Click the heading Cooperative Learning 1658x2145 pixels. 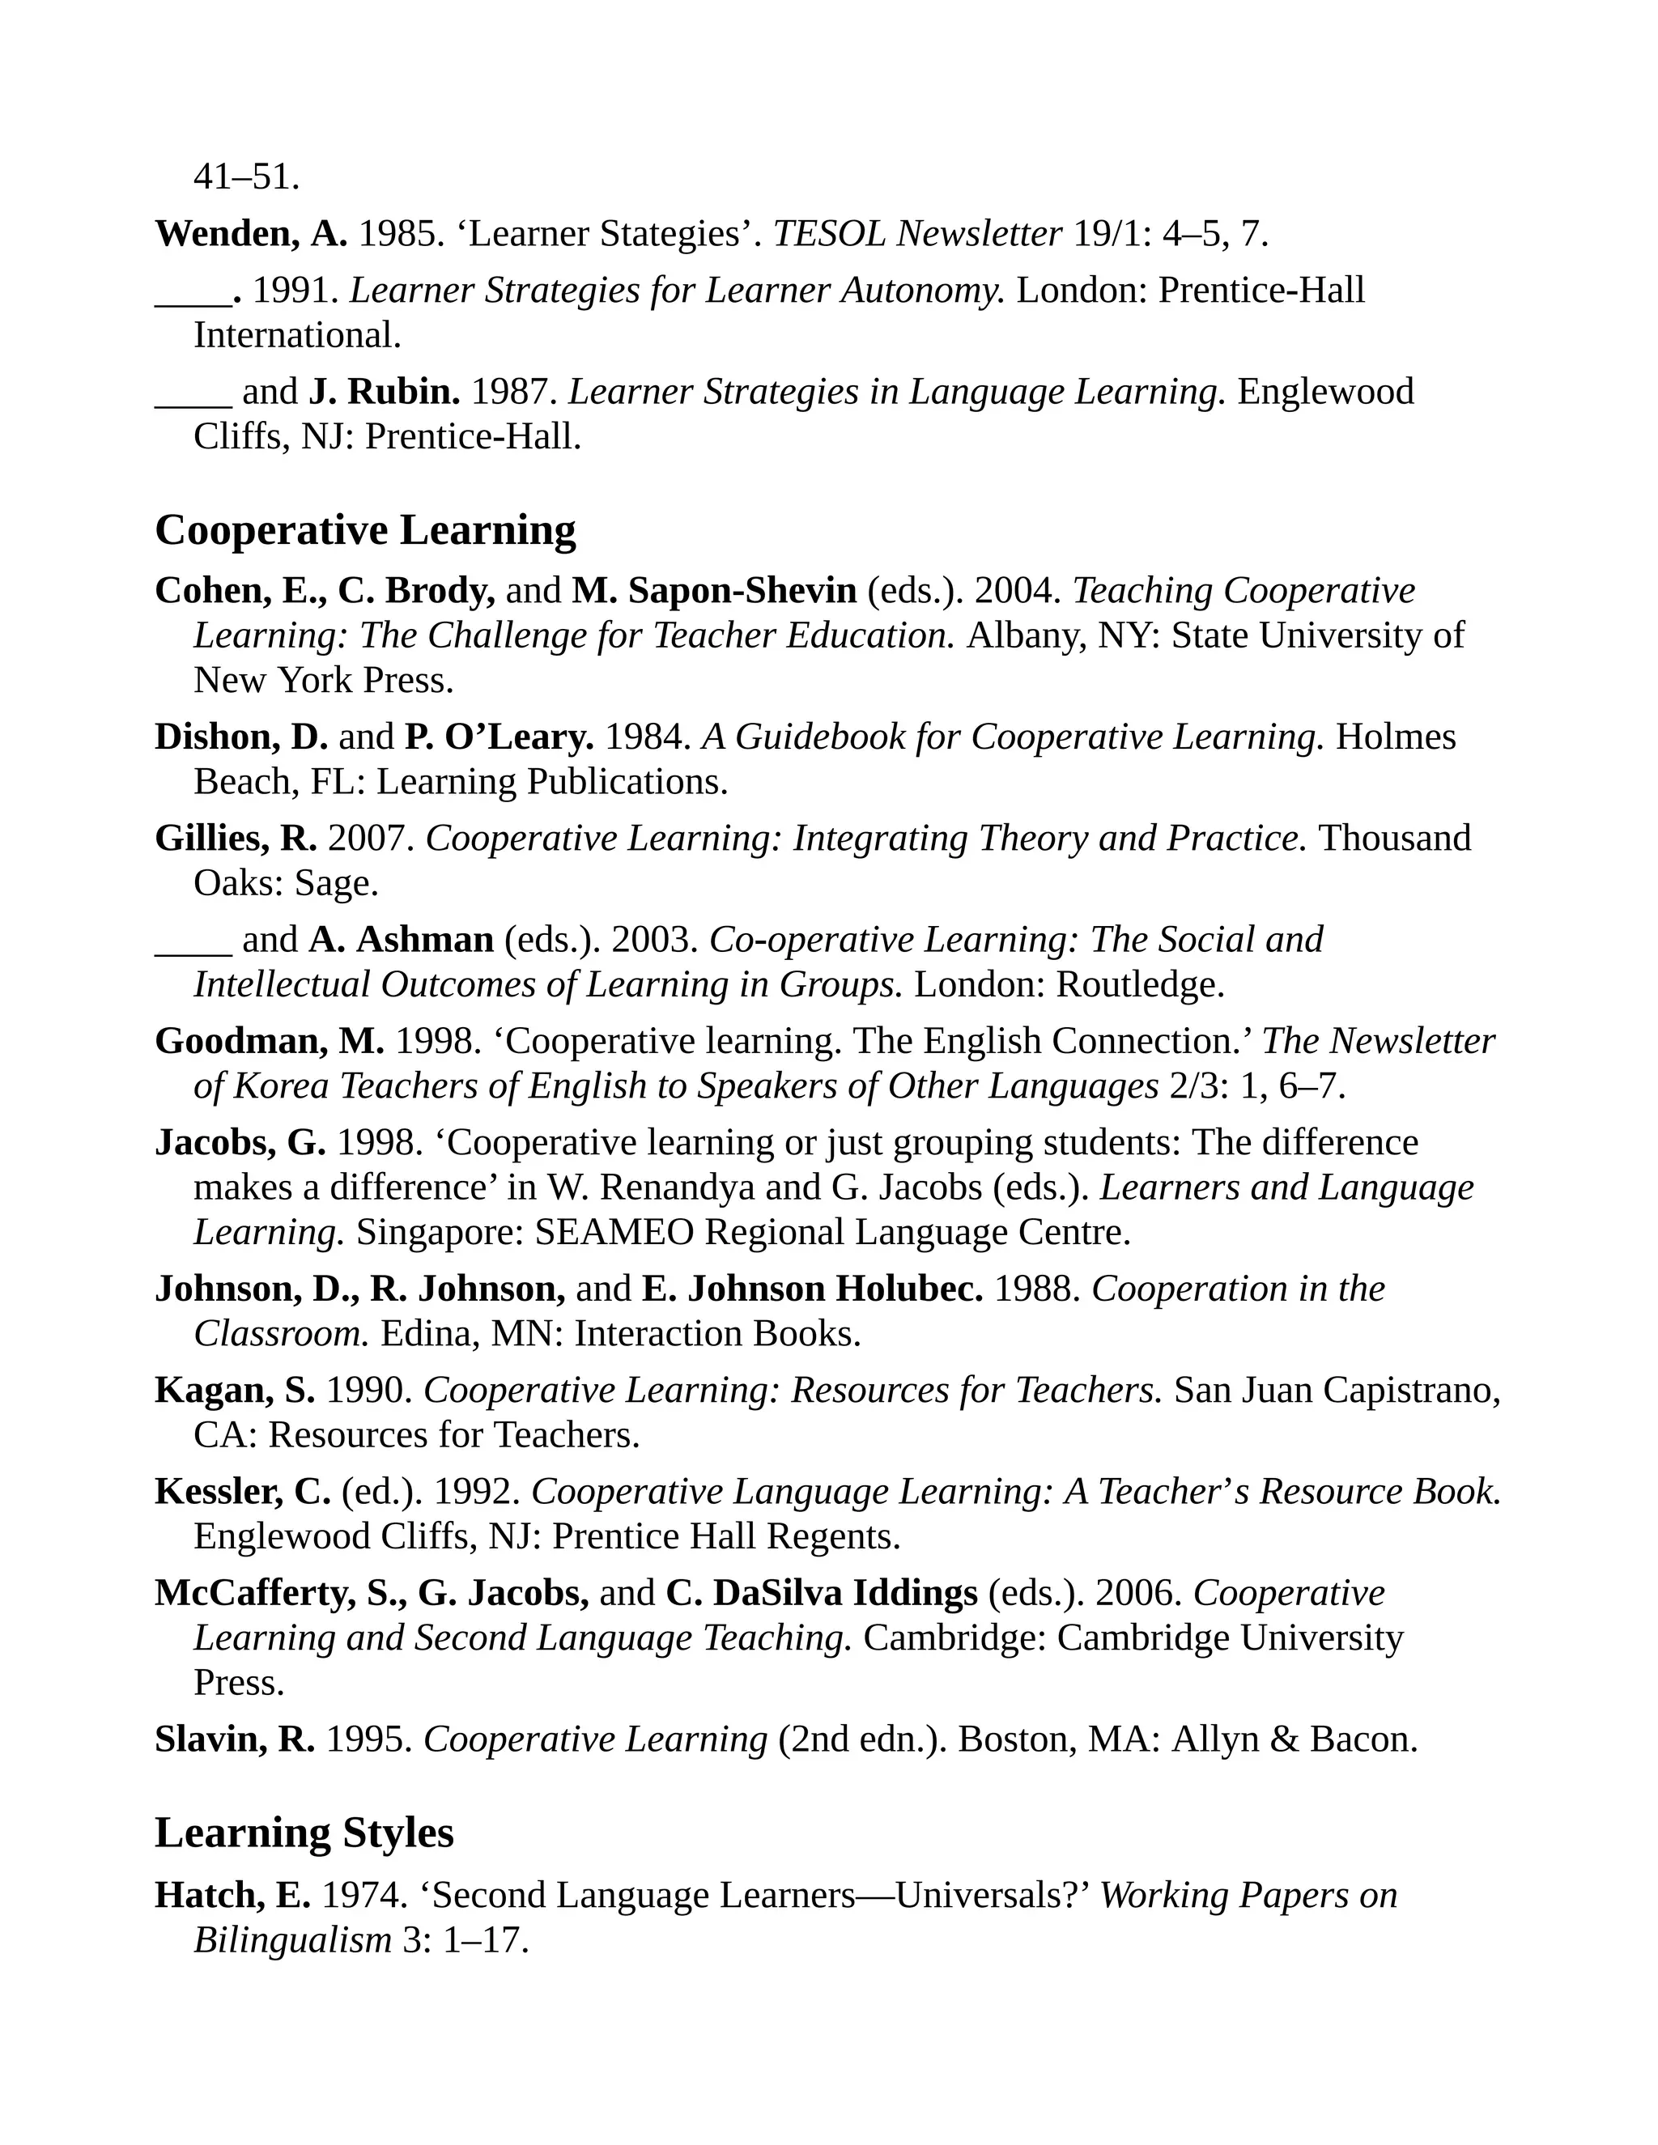[x=365, y=530]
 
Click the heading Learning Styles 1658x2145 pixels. [x=304, y=1833]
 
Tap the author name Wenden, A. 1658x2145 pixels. [x=250, y=234]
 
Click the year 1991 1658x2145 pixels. [x=295, y=291]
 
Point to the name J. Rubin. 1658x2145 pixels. [x=384, y=392]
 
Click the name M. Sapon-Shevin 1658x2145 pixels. [x=714, y=591]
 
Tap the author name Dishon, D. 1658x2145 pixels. [x=240, y=737]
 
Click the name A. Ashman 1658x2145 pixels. [x=401, y=940]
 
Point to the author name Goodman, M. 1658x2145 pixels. [x=269, y=1041]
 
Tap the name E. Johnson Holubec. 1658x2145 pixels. [x=811, y=1289]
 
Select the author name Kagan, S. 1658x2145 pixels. [x=235, y=1391]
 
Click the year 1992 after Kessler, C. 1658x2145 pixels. [x=475, y=1492]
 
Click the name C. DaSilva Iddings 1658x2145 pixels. [x=821, y=1593]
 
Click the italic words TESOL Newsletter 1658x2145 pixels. [x=917, y=234]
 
